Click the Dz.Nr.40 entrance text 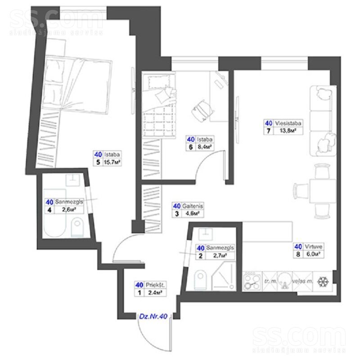pos(154,317)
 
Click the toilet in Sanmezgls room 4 pos(78,228)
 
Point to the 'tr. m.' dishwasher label pos(270,281)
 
